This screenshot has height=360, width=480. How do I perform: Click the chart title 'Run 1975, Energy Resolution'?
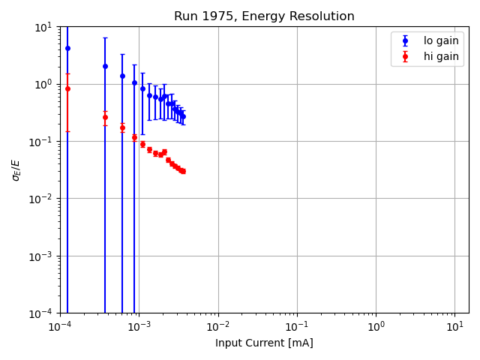264,16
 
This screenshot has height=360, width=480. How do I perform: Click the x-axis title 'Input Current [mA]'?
264,343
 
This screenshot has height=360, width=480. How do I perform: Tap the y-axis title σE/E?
16,169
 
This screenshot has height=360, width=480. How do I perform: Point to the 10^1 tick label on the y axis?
43,27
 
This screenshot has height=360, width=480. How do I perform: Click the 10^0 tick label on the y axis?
43,84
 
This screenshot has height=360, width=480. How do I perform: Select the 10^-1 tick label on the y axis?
41,142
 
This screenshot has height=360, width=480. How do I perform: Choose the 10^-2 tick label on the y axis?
41,199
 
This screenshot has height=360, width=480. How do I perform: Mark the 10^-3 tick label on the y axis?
41,256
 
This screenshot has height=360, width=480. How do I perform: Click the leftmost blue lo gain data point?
67,48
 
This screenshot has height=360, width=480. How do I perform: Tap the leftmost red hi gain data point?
67,88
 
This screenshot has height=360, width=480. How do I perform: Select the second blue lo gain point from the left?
105,66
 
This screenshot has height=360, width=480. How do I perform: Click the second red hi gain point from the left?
105,117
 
